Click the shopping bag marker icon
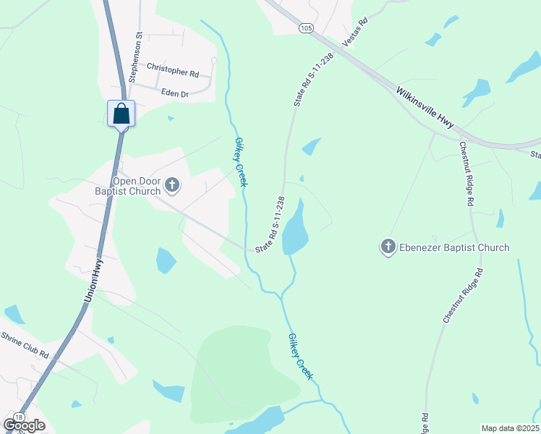122,114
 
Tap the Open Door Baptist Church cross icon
172,186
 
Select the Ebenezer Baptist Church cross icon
388,247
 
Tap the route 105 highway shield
306,27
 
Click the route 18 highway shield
18,417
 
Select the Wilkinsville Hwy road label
425,109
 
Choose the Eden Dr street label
174,94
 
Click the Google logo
25,425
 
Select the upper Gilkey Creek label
241,163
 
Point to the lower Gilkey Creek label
299,356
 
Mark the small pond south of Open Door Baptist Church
166,260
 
